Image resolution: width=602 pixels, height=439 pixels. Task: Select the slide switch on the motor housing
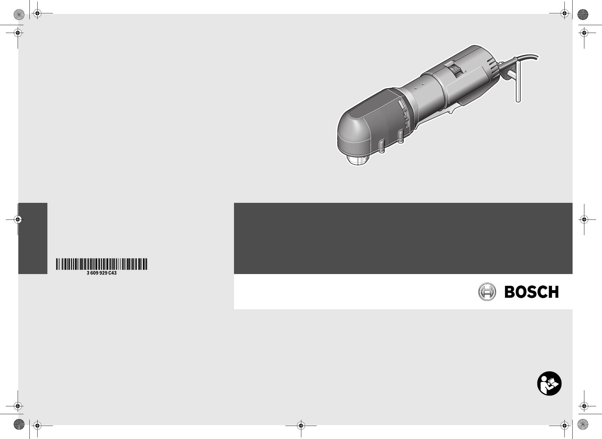tap(455, 71)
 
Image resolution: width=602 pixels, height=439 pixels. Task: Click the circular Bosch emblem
tap(487, 292)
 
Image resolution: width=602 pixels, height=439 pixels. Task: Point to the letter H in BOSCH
tap(553, 292)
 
